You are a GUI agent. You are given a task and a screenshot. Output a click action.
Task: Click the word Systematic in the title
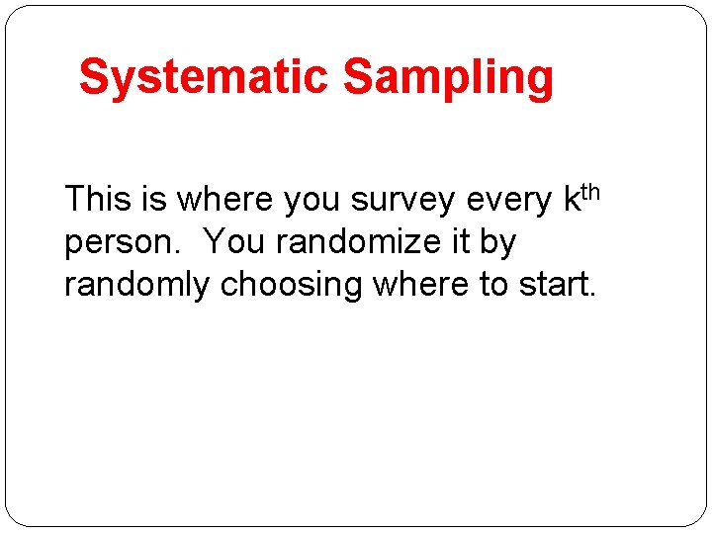[204, 77]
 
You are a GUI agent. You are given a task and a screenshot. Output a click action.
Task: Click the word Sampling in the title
[448, 77]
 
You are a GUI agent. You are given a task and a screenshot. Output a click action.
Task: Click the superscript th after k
[589, 190]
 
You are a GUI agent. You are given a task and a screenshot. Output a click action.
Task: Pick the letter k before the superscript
[571, 199]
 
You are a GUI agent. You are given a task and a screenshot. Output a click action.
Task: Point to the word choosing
[292, 285]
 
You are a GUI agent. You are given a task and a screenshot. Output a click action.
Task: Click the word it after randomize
[461, 241]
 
